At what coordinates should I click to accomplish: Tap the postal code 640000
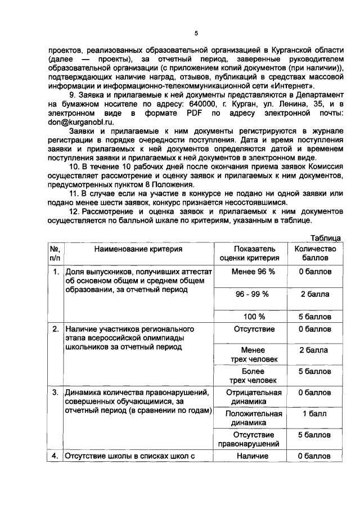191,104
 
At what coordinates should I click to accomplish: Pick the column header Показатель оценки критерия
253,253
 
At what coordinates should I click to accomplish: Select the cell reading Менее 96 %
253,272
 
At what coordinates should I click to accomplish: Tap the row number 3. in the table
56,393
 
